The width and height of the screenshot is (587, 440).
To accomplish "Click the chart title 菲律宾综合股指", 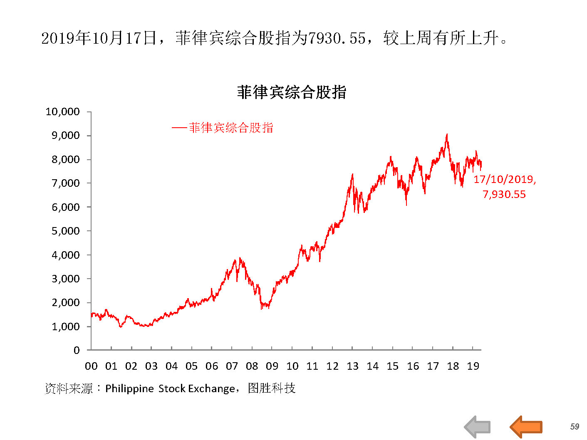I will click(291, 92).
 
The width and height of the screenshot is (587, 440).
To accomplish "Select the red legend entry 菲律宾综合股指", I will click(230, 128).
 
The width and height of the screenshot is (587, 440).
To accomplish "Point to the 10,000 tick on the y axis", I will click(62, 111).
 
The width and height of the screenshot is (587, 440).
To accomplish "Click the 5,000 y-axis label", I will click(65, 231).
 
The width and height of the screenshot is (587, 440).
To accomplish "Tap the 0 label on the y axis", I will click(76, 350).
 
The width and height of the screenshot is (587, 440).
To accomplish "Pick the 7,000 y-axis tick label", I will click(65, 183).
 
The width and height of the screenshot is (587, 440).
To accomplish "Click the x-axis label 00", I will click(91, 366).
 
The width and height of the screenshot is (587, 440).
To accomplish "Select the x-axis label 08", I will click(252, 366).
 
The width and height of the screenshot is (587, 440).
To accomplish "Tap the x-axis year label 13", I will click(352, 366).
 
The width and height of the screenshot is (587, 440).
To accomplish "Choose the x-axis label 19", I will click(473, 366).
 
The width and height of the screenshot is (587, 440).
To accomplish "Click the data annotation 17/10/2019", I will click(504, 179).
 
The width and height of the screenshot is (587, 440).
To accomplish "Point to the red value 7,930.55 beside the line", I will click(504, 194).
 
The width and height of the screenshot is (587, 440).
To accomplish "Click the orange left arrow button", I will click(526, 427).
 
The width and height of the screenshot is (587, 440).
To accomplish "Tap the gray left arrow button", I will click(477, 427).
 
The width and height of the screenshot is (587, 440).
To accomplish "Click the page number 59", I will click(575, 426).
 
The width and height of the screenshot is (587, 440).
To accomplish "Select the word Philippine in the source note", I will click(129, 388).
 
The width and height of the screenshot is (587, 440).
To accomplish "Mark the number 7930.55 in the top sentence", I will click(337, 38).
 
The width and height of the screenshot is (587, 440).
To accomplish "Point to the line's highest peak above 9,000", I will click(447, 134).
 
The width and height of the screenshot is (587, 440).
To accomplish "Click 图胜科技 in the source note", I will click(271, 388).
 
